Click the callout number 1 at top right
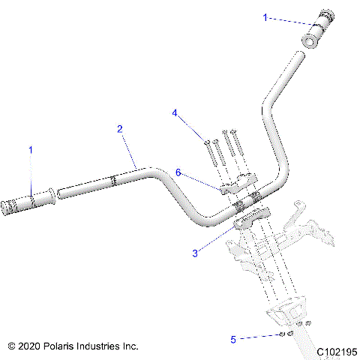click(x=264, y=16)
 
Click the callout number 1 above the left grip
click(x=31, y=151)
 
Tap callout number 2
click(x=120, y=129)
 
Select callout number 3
click(x=196, y=253)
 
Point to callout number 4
click(x=175, y=113)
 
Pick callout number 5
click(x=233, y=340)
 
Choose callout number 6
click(x=178, y=172)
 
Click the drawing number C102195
click(x=335, y=351)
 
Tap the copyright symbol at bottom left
click(x=11, y=346)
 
